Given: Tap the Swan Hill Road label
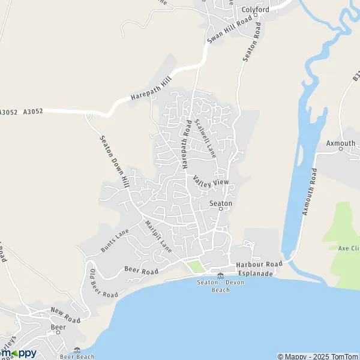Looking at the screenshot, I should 229,29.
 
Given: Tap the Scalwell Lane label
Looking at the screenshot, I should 204,137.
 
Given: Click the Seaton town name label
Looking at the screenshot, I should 220,203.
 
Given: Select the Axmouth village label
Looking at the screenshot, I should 341,143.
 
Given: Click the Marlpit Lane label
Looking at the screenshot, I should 158,236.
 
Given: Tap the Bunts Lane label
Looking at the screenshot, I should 115,240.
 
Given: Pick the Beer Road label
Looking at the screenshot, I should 142,271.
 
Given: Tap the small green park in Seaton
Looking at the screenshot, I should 194,266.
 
